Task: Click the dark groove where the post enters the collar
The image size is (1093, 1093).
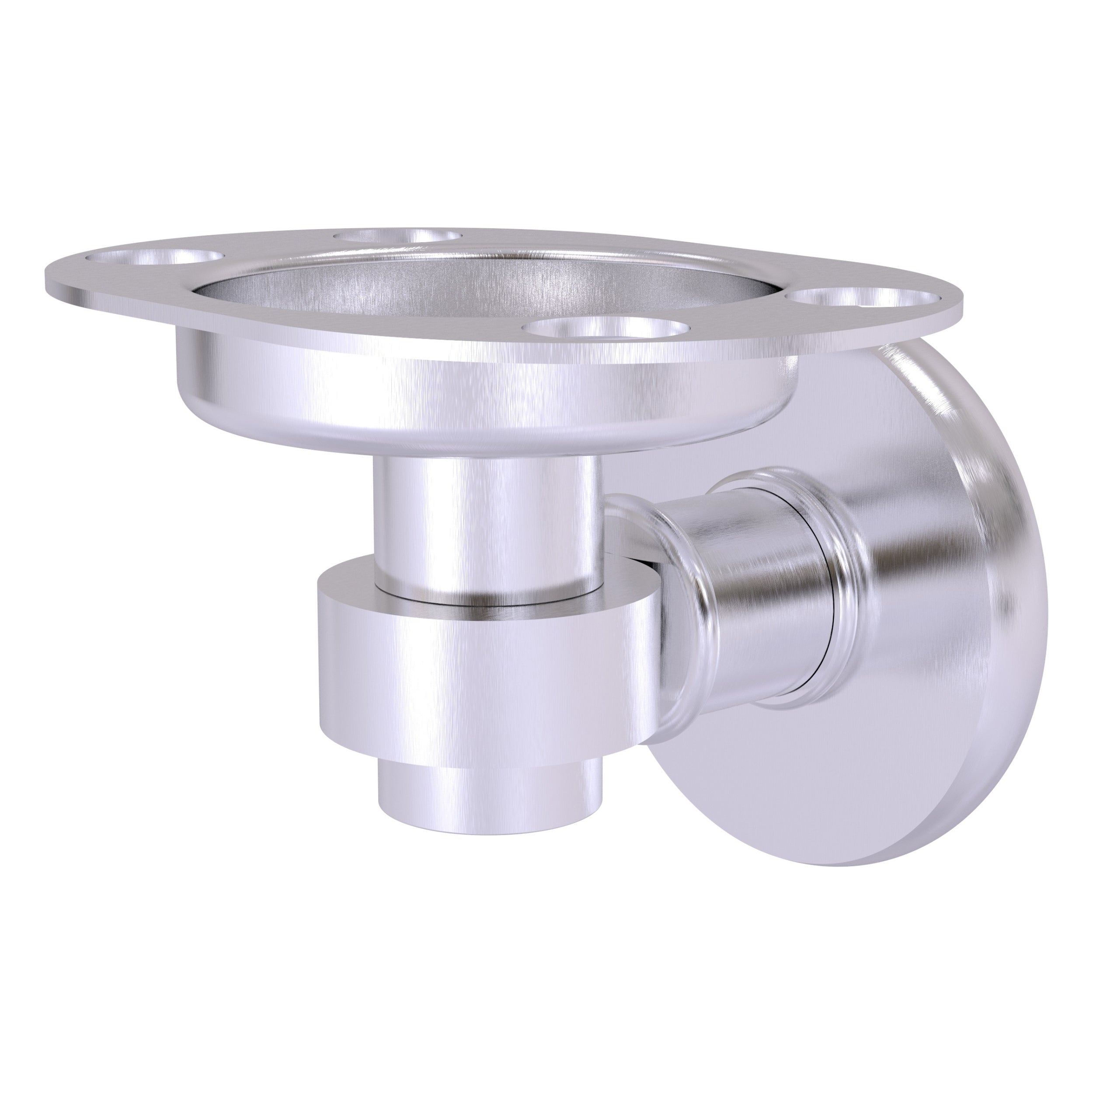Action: pyautogui.click(x=487, y=594)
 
